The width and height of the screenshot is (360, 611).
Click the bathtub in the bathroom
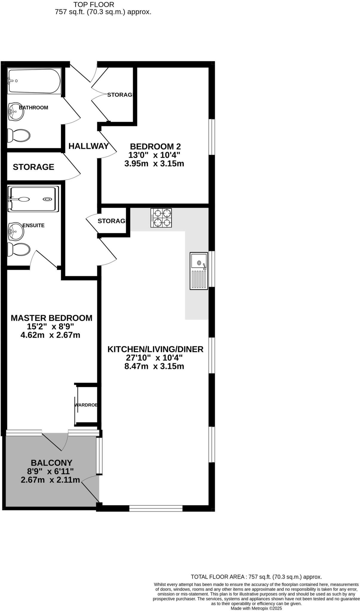tap(34, 81)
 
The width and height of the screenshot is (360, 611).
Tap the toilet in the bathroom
tap(19, 135)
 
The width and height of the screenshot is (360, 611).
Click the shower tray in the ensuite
tap(33, 199)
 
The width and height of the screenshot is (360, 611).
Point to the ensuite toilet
tap(19, 249)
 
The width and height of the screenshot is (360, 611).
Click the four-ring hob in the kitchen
tap(161, 218)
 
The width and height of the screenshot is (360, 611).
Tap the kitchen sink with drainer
tap(199, 271)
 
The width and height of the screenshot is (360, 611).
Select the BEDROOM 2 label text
tap(155, 146)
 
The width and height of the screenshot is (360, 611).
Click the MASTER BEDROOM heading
tap(51, 318)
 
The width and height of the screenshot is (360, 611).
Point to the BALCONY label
tap(52, 463)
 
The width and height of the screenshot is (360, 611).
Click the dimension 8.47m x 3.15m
tap(154, 366)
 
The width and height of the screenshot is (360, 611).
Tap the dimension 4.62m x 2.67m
tap(50, 335)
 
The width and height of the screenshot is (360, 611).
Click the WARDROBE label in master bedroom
tap(86, 405)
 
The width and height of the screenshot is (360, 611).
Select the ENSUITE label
tap(33, 226)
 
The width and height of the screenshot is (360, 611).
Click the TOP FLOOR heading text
tap(94, 5)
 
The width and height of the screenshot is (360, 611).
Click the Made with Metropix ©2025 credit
tap(256, 608)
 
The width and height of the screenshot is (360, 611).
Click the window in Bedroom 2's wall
tap(211, 137)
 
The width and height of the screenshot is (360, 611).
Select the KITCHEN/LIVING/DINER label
tap(155, 349)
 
